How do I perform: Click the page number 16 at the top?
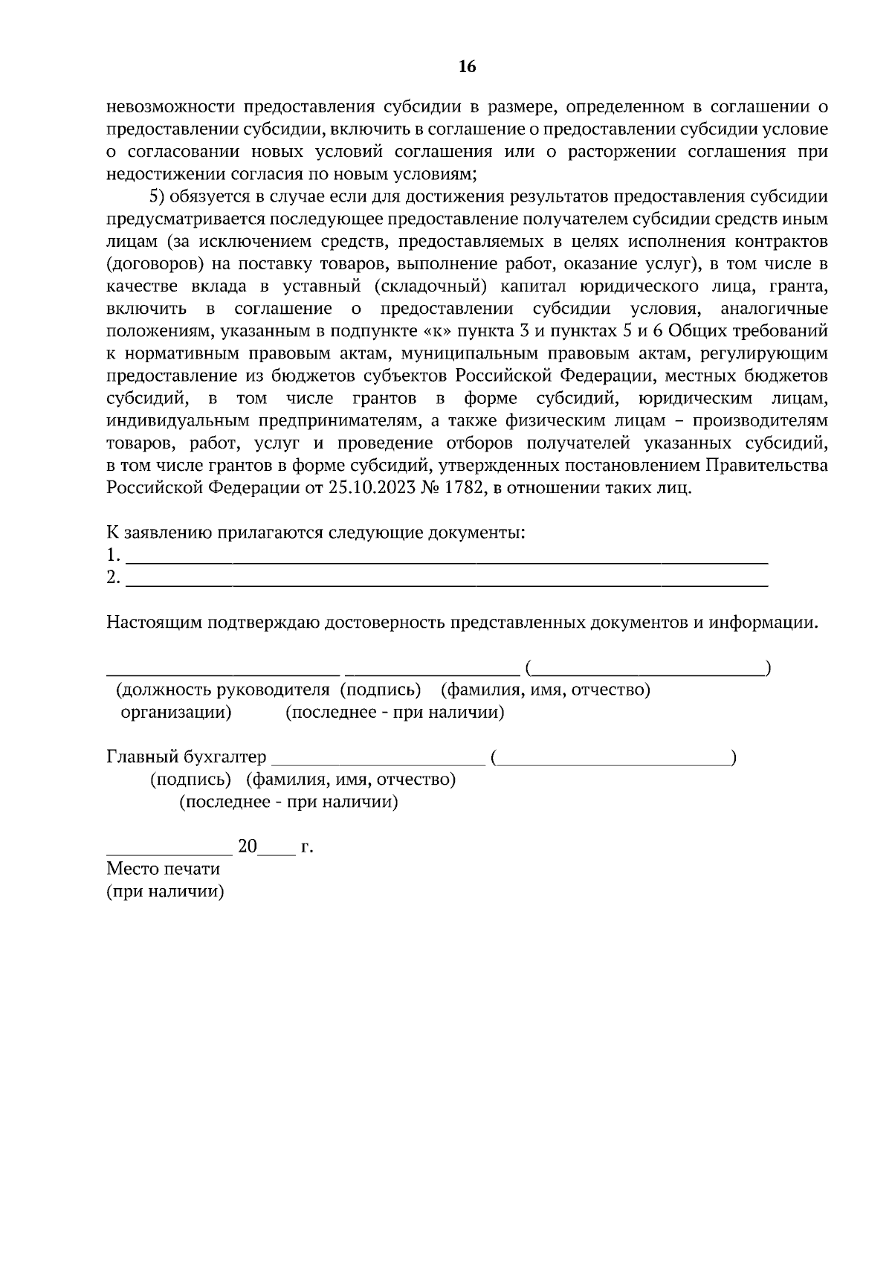467,67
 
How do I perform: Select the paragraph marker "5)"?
158,197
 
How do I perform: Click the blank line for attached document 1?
446,556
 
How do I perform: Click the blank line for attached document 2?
446,579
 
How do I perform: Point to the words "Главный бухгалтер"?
186,757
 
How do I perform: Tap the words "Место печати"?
163,869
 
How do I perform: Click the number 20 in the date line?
247,846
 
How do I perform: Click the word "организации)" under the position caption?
176,713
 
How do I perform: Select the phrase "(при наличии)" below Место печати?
165,891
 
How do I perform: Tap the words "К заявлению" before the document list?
158,533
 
